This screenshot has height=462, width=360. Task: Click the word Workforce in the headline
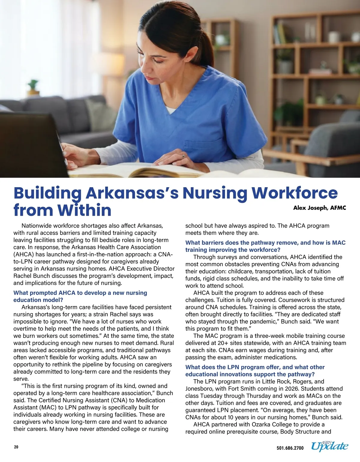point(294,193)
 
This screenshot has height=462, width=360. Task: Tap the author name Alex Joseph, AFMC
point(319,208)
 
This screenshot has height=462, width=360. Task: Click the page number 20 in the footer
point(16,447)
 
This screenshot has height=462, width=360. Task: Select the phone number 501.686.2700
point(290,448)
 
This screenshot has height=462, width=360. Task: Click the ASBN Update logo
point(329,446)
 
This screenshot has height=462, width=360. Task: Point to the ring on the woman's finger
point(183,157)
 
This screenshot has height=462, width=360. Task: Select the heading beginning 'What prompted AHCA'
point(80,296)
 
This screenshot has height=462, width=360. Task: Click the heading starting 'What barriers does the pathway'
point(265,246)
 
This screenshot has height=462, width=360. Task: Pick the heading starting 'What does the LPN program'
point(255,370)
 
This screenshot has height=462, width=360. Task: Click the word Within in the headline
point(84,210)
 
